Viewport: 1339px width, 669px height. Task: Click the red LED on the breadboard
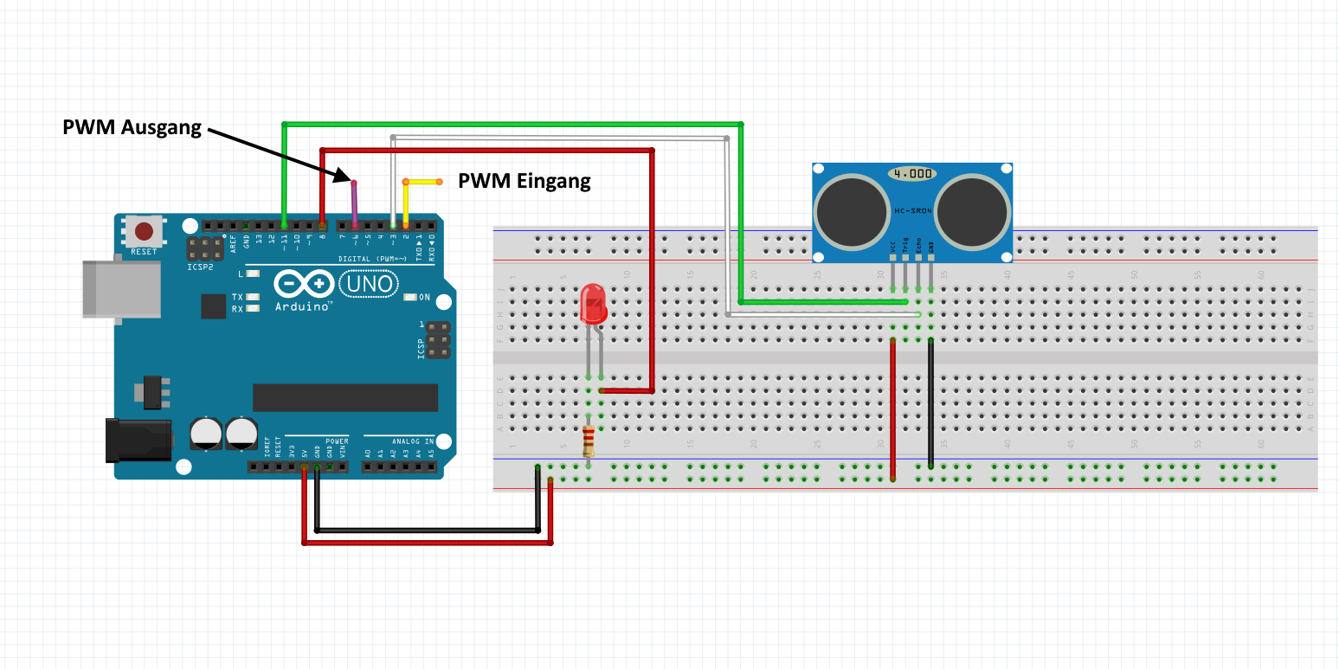[593, 305]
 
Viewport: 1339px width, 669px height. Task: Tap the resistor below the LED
[589, 441]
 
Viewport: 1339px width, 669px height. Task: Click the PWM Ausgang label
[132, 127]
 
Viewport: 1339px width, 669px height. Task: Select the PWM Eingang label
[524, 181]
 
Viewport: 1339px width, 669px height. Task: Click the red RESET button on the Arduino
[145, 231]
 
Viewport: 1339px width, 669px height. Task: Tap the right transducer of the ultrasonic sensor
[972, 211]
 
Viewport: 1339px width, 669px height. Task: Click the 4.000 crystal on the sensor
[912, 174]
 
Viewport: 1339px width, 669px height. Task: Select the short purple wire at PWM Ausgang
[354, 204]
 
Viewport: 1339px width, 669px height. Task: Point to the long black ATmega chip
[344, 397]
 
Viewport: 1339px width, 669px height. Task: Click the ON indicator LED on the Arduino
[410, 298]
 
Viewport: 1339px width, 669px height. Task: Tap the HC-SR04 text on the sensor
[912, 211]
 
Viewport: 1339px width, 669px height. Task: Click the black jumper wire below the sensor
[930, 402]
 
